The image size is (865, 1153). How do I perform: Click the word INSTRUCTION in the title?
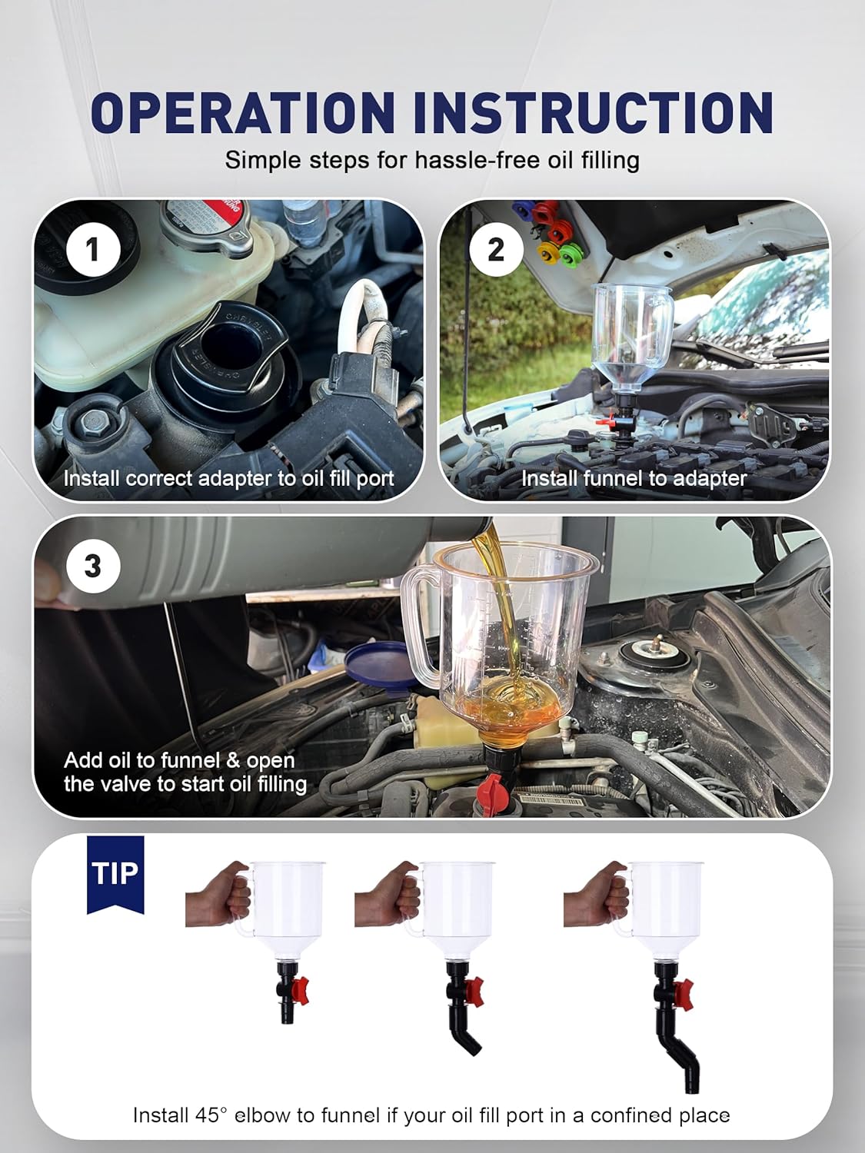pos(593,112)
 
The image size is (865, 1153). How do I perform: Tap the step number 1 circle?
pos(93,250)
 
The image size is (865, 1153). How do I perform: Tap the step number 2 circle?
pos(496,248)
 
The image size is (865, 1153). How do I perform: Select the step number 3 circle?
pos(93,567)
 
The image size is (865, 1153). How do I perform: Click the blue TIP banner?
pos(115,873)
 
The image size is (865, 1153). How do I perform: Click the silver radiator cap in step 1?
pos(206,226)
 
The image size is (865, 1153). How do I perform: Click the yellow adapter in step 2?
pos(548,250)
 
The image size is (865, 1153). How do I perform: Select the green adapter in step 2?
pos(571,251)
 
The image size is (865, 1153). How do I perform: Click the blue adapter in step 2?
pos(523,209)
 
